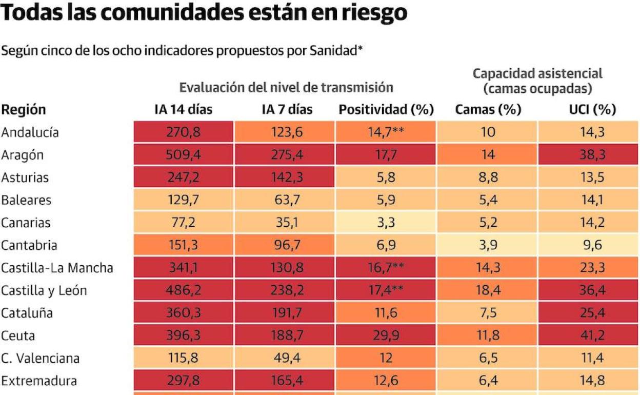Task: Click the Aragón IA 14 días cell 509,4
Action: [183, 155]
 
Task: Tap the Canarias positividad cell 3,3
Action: [386, 223]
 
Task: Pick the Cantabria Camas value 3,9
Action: [488, 245]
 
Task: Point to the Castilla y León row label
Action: [44, 290]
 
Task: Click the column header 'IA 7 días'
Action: [284, 109]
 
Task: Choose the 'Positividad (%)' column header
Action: [386, 109]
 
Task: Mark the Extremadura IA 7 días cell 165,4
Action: [284, 381]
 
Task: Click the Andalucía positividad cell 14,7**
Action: [386, 132]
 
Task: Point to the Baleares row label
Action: [26, 200]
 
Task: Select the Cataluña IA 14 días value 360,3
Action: [183, 313]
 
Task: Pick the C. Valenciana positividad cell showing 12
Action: [386, 358]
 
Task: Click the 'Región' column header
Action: [24, 109]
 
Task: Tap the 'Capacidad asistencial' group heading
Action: [537, 73]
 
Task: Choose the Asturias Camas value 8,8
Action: [488, 177]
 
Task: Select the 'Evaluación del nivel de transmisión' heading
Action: [286, 88]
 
